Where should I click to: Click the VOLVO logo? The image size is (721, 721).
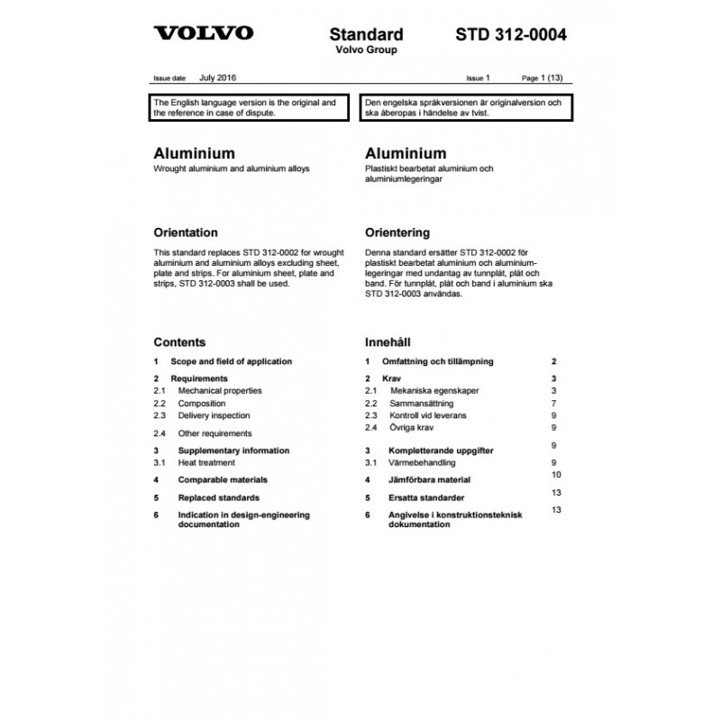click(203, 34)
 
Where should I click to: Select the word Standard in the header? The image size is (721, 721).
click(366, 35)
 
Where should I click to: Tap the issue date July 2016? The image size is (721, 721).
click(219, 79)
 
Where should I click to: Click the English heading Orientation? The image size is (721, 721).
click(186, 232)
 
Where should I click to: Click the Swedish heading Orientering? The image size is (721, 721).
click(397, 232)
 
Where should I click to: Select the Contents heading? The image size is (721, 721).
click(179, 342)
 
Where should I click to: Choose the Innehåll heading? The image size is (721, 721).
click(388, 342)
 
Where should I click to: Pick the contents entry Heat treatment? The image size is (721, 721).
click(206, 462)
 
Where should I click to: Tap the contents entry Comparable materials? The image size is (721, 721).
click(223, 479)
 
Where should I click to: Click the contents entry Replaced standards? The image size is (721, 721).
click(219, 497)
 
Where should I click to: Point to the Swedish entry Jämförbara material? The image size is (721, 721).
click(430, 480)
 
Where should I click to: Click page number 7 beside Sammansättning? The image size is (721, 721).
click(554, 404)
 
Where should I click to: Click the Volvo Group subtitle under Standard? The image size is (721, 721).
click(366, 50)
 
